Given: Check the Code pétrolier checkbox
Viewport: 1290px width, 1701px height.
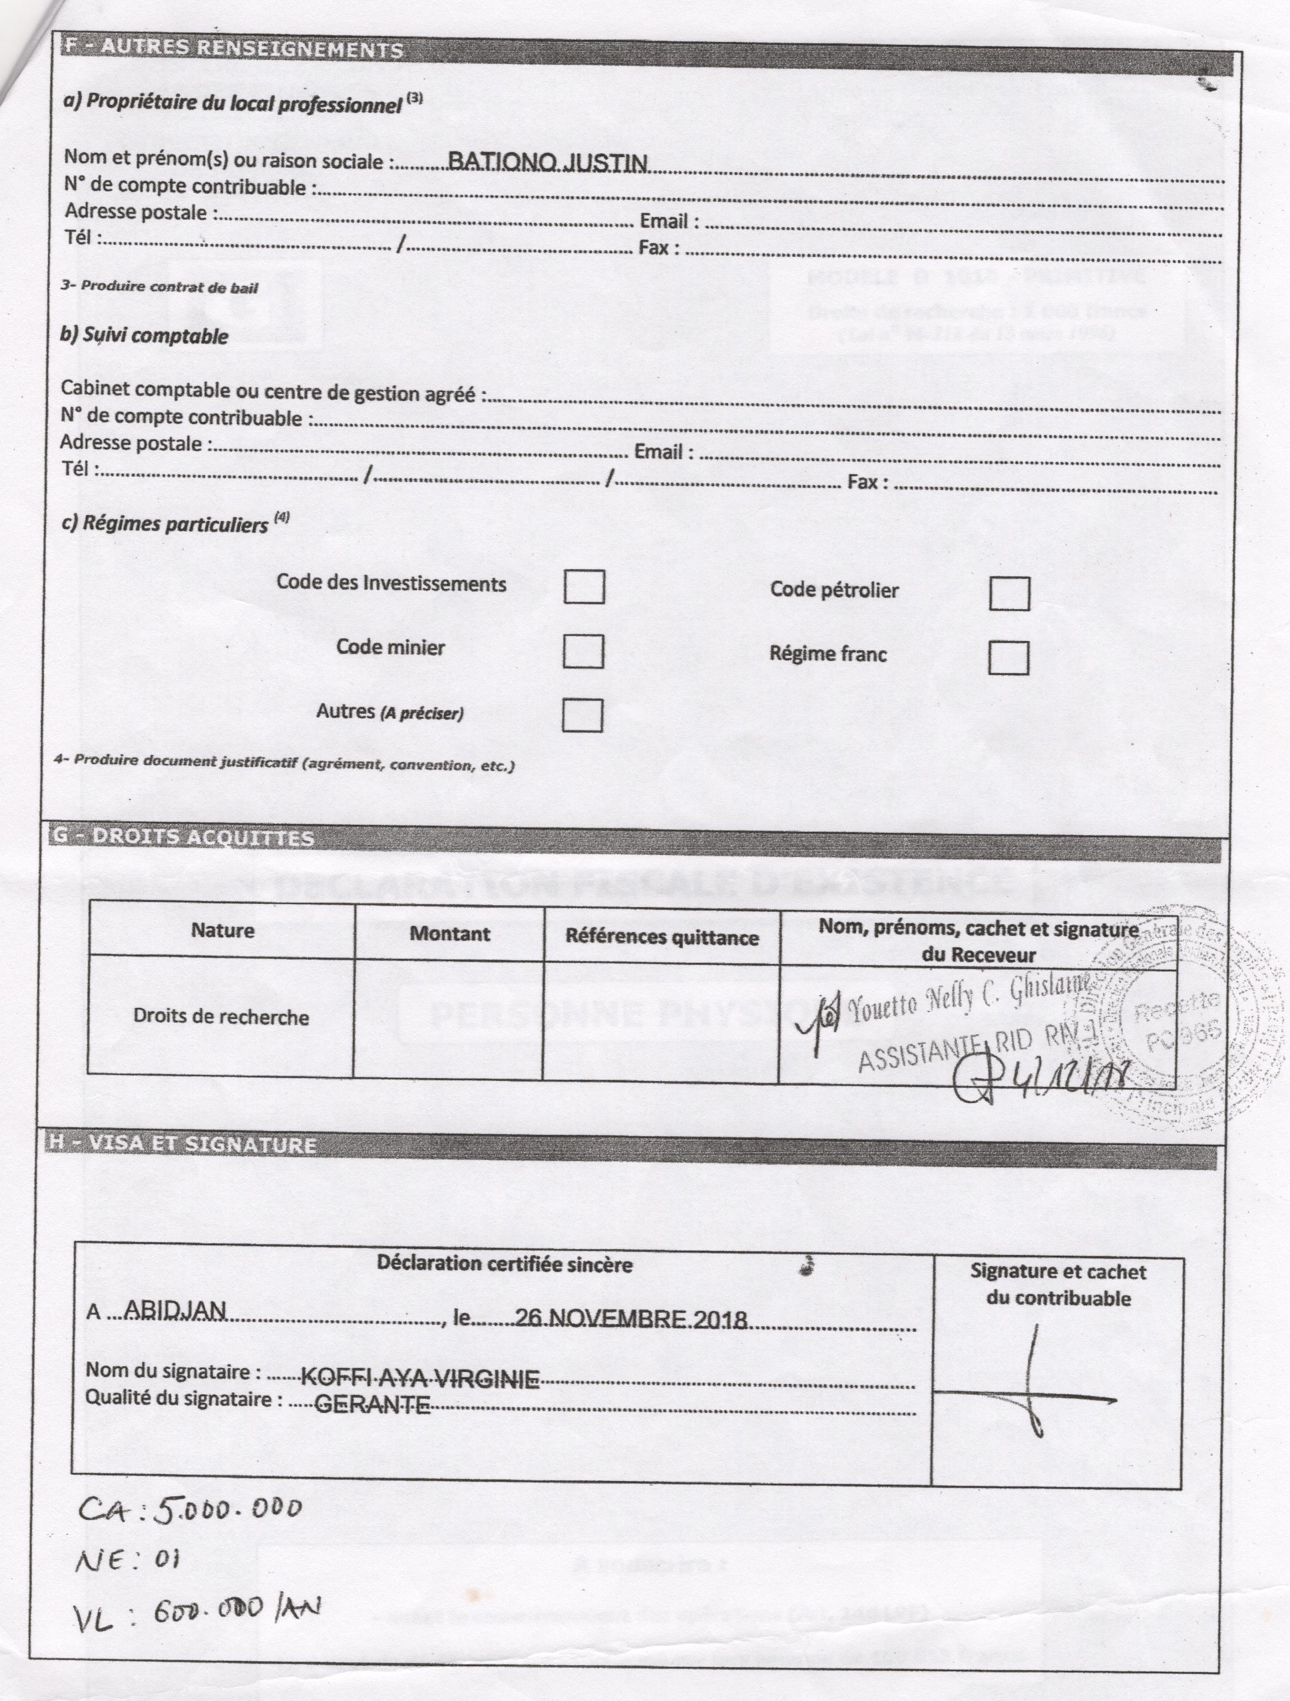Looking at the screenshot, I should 1009,594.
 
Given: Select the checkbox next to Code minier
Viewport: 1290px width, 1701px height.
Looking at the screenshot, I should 583,651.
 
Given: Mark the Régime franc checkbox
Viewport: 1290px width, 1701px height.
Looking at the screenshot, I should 1008,658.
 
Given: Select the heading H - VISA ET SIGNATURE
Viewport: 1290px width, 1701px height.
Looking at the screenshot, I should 183,1145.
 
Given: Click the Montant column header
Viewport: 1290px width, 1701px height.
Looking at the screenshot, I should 450,934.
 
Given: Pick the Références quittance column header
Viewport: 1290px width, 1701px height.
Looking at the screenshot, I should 662,937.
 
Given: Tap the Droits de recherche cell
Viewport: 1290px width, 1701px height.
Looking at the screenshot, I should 221,1017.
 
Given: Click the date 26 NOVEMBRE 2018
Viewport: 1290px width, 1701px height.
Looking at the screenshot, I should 630,1318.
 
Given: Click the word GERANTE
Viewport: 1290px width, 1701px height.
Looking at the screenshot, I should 372,1405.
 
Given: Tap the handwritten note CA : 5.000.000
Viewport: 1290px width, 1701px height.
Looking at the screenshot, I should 191,1510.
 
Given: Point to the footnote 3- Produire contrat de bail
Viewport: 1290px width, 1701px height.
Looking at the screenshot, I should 159,288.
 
